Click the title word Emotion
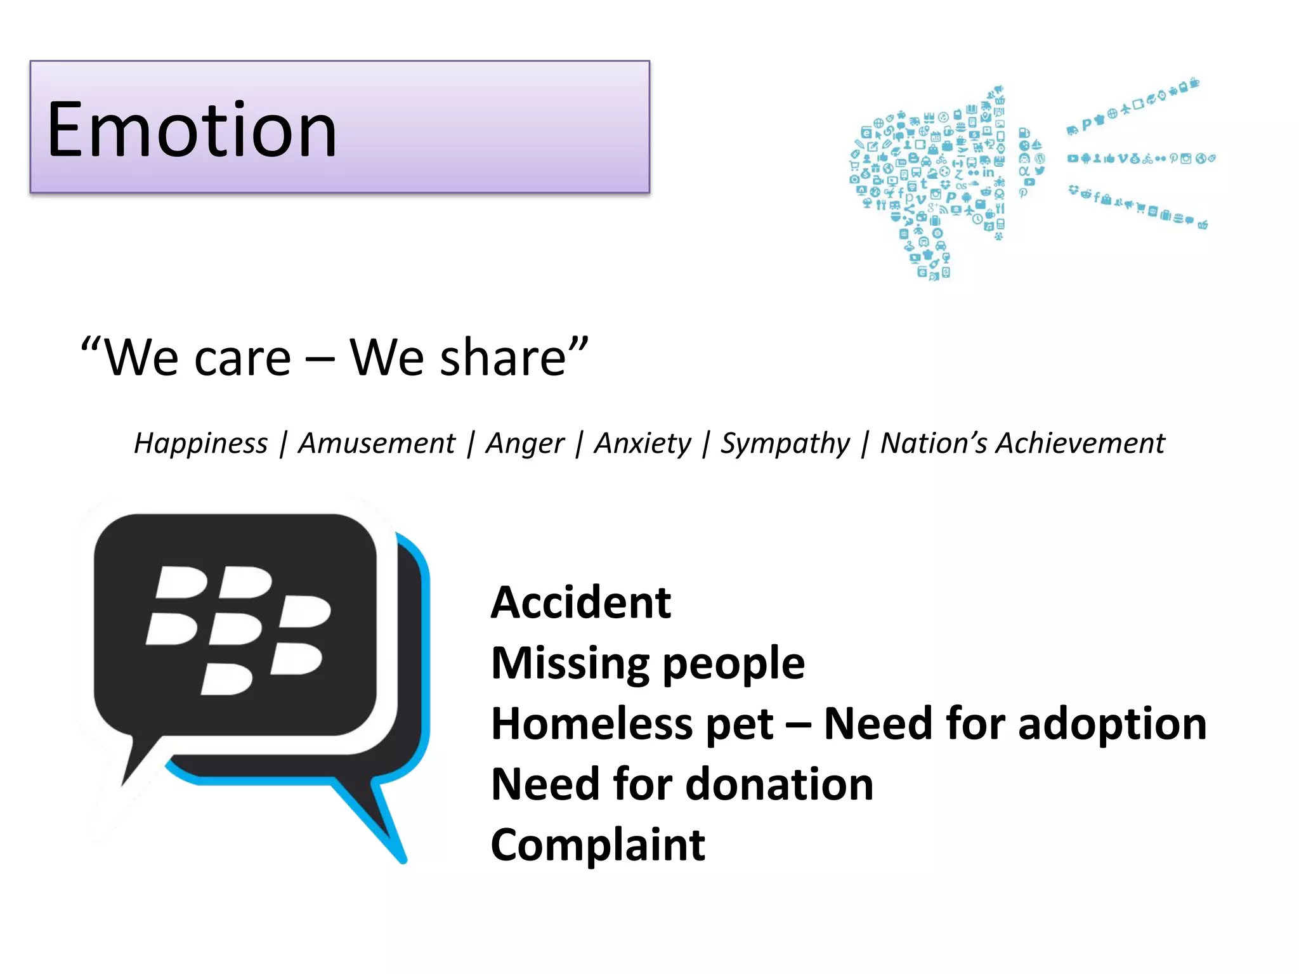(192, 130)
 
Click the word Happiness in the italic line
(200, 443)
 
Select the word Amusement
(376, 443)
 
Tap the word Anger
(525, 443)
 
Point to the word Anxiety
(642, 443)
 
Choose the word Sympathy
(785, 443)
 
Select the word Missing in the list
(569, 663)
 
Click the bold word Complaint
(597, 845)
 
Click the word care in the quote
(242, 358)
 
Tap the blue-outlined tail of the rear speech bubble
(374, 818)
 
